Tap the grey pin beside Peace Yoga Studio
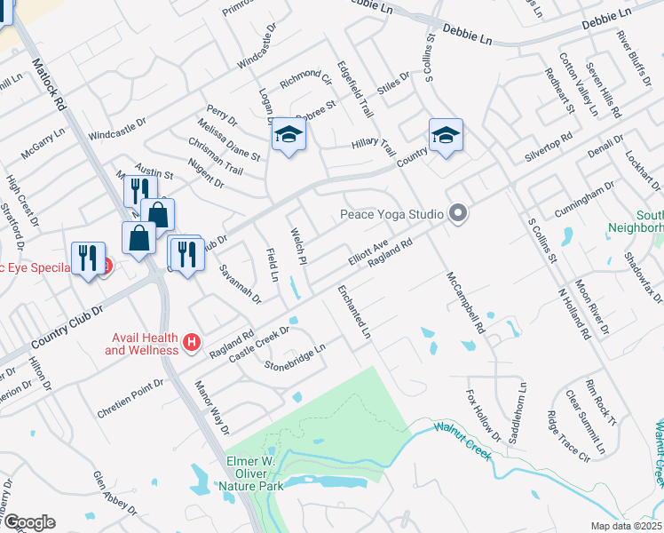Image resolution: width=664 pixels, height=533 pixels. click(x=458, y=213)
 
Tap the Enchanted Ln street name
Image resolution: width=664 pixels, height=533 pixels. click(x=353, y=314)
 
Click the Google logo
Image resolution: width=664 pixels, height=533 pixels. click(x=29, y=522)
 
